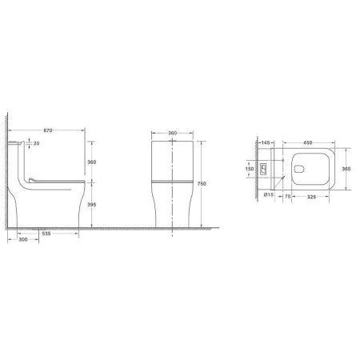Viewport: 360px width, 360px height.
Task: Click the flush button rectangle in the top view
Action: (268, 169)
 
